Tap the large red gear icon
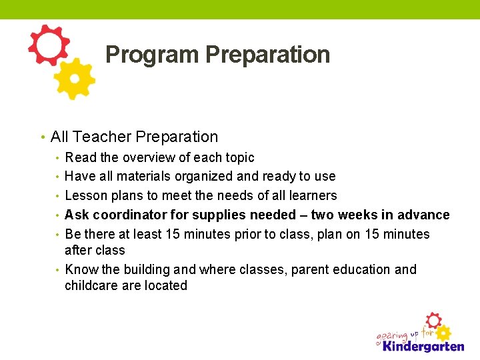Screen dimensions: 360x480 tap(48, 45)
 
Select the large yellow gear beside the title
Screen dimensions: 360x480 tap(75, 79)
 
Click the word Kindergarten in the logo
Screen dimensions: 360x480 tap(421, 346)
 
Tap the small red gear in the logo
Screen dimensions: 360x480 tap(433, 319)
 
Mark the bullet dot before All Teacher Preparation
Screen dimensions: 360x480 tap(42, 137)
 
